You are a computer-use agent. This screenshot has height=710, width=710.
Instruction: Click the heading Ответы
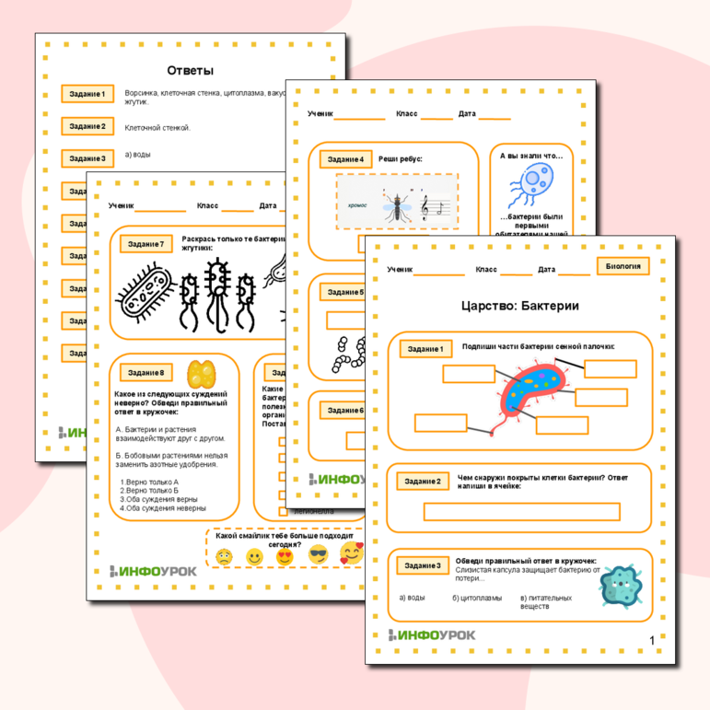(x=190, y=70)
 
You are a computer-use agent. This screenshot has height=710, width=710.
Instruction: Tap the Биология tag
(x=623, y=267)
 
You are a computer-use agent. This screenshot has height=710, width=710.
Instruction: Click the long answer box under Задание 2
(x=521, y=512)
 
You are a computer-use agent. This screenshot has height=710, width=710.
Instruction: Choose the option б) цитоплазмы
(x=477, y=598)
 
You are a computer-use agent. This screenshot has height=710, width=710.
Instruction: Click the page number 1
(x=651, y=640)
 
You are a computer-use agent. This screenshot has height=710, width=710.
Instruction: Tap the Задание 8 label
(x=146, y=373)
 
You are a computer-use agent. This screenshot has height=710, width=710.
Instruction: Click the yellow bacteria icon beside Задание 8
(x=201, y=374)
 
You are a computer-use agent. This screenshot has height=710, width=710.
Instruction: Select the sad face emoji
(x=224, y=557)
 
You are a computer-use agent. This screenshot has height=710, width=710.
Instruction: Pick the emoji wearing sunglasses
(x=318, y=555)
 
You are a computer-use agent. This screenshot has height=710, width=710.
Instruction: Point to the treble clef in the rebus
(x=425, y=209)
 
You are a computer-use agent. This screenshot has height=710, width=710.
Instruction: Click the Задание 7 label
(x=146, y=244)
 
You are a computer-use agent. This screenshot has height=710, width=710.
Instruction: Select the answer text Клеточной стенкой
(x=157, y=127)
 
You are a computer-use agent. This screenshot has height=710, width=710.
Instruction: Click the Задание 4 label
(x=346, y=159)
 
